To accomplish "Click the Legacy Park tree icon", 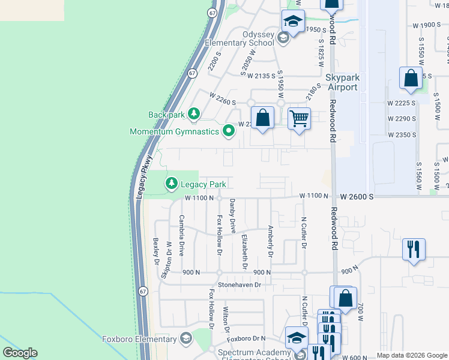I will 172,182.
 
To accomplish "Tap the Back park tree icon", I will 193,113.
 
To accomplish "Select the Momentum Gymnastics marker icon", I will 228,130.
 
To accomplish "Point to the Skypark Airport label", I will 342,83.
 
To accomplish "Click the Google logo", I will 20,353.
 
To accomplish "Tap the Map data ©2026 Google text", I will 411,355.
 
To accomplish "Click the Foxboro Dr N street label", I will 246,338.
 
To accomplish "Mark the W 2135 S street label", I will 261,76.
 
